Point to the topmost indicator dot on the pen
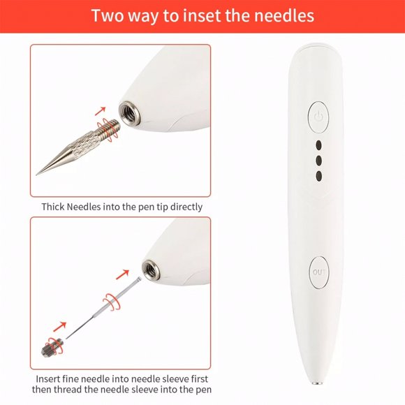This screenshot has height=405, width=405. coord(319,147)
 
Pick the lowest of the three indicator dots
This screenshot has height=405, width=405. coord(319,176)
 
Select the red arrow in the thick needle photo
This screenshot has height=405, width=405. coord(101,110)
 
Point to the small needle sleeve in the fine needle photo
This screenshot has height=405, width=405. coord(52,344)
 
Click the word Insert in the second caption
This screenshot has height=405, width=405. coord(50,378)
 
